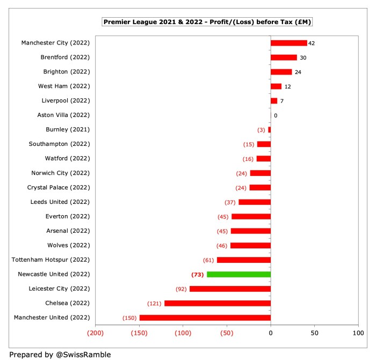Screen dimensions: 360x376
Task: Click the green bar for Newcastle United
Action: point(238,274)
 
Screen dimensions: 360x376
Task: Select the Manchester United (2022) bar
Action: point(205,318)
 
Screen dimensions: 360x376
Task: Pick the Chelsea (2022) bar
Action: point(218,303)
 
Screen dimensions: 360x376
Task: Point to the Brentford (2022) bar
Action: point(284,57)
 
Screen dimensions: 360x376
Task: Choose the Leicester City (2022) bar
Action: point(230,289)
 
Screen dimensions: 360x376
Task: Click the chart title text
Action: point(207,22)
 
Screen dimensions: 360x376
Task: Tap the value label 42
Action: point(312,43)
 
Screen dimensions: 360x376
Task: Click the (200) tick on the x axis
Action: point(96,333)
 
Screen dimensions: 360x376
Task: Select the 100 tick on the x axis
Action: point(358,333)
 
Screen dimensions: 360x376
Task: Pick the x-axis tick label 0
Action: point(271,333)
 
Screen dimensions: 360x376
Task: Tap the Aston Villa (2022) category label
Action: point(63,115)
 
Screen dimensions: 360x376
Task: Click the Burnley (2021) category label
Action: point(68,129)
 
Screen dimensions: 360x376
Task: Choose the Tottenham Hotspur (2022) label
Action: point(51,260)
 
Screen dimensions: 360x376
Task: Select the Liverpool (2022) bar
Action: point(274,101)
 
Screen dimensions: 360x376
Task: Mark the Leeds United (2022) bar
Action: point(255,202)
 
